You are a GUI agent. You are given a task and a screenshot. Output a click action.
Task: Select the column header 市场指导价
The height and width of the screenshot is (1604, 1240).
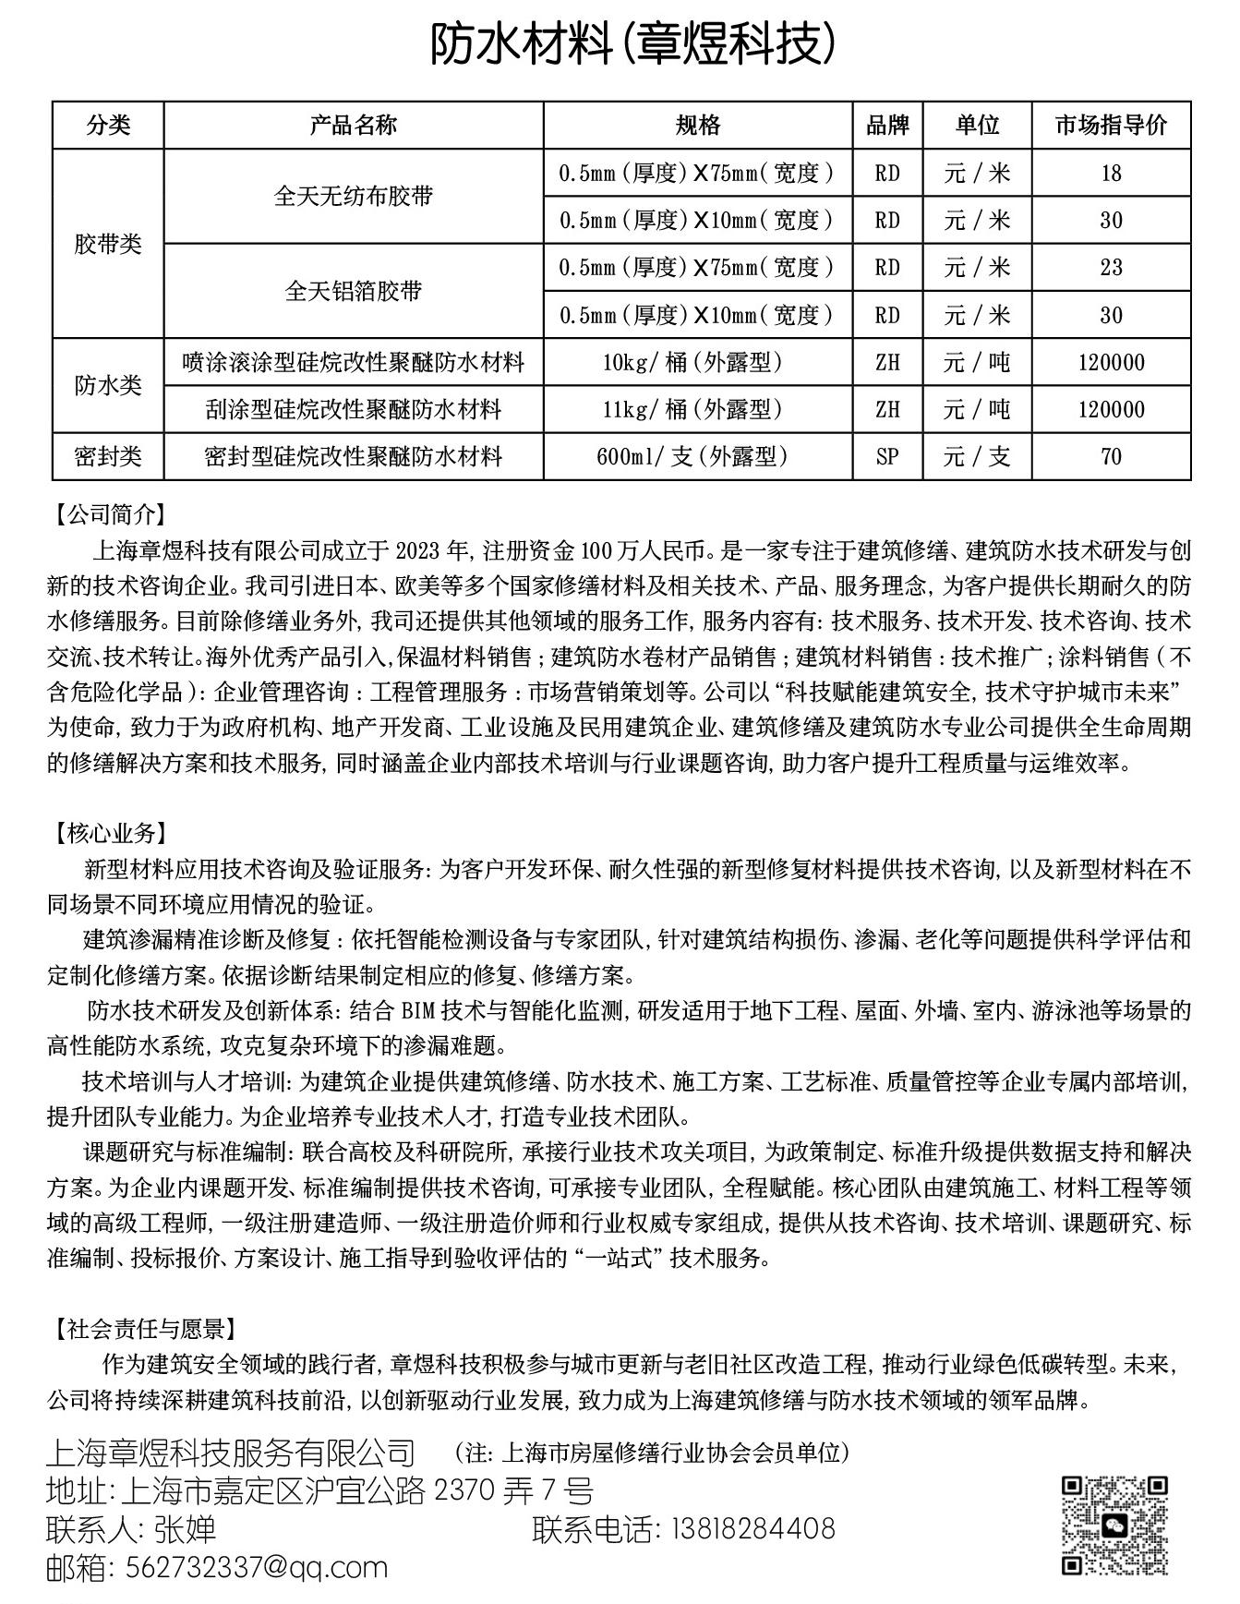[1111, 126]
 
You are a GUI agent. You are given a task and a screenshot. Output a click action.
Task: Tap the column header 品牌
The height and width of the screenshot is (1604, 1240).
[887, 126]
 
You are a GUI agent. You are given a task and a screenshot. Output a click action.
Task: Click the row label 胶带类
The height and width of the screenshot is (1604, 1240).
[108, 244]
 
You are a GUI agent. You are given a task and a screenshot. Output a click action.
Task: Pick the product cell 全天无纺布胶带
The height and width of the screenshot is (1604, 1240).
[354, 196]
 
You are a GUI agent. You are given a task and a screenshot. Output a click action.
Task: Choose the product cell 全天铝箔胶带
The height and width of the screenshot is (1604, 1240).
[354, 291]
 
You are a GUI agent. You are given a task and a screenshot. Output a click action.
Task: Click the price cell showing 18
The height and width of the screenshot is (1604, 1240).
[1111, 173]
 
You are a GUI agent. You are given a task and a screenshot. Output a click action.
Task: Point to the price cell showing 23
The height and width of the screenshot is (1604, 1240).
[1111, 268]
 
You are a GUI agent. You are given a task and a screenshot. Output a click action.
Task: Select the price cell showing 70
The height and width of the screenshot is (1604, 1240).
[1111, 456]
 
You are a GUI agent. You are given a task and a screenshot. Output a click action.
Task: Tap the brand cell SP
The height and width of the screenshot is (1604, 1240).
[887, 456]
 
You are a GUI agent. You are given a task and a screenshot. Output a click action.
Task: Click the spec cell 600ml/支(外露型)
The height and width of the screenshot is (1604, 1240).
[697, 456]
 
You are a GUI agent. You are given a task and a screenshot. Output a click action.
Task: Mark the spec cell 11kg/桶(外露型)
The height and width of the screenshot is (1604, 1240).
[697, 409]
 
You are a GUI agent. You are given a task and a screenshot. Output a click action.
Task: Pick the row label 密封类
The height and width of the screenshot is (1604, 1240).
[108, 456]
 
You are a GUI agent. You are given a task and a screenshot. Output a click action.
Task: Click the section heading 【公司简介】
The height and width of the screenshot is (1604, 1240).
[109, 514]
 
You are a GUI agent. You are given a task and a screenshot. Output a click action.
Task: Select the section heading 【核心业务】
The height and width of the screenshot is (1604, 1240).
[109, 834]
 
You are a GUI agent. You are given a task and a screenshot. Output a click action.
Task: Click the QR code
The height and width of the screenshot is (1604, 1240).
[1114, 1525]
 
